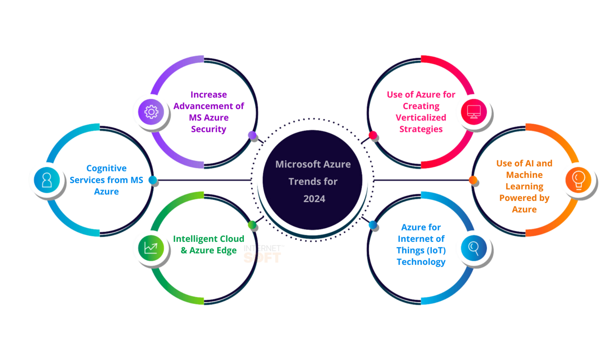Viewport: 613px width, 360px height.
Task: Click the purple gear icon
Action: tap(151, 112)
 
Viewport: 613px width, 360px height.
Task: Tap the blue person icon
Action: tap(47, 180)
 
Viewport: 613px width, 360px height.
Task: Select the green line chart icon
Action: tap(151, 248)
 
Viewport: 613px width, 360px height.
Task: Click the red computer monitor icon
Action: tap(474, 112)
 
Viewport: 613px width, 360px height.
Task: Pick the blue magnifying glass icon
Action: tap(474, 248)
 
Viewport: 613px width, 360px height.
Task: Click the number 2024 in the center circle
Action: tap(314, 199)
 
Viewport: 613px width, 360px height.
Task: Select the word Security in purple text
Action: tap(208, 129)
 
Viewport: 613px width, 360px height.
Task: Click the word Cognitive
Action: tap(107, 168)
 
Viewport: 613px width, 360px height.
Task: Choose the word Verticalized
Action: tap(421, 117)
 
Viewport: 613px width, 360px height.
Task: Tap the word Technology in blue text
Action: tap(421, 262)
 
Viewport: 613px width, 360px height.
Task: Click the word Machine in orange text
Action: tap(524, 175)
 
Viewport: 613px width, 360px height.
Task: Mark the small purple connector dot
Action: tap(252, 135)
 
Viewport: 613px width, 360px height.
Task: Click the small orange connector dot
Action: tap(473, 180)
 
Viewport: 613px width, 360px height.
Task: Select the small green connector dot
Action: tap(252, 225)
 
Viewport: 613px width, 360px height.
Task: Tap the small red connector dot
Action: tap(373, 135)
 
